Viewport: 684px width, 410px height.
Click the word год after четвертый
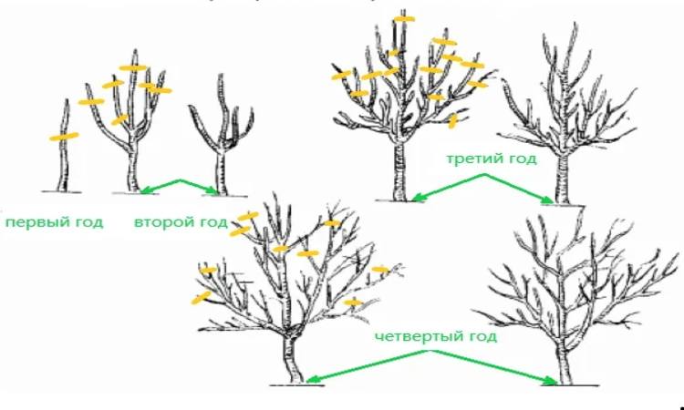point(479,337)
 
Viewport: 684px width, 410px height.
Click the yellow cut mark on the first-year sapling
point(64,137)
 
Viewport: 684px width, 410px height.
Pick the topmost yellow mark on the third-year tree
point(404,19)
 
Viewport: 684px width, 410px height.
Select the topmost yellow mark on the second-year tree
point(134,68)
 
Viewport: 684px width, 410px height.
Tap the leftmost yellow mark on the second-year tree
point(91,102)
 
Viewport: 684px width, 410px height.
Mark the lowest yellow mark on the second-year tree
point(119,119)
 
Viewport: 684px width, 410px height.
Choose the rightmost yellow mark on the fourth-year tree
point(380,270)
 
